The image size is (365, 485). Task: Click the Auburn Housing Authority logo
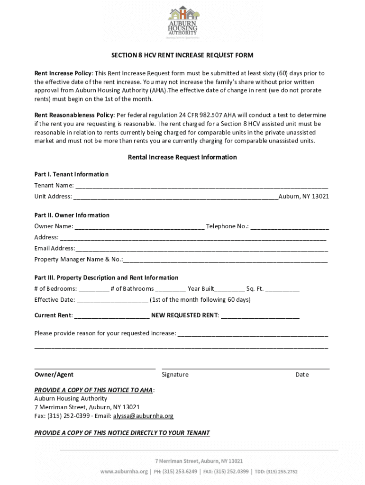(182, 22)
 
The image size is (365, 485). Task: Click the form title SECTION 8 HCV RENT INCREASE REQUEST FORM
(182, 55)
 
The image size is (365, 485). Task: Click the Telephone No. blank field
(289, 227)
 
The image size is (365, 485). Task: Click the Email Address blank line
(201, 249)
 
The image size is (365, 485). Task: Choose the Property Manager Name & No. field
(225, 260)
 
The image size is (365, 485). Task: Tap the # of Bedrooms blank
(93, 289)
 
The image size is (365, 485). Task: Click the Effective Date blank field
(112, 300)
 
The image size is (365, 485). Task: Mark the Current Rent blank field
(112, 316)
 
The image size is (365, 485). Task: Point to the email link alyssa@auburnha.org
(143, 416)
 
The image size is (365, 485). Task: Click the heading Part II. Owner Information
(72, 215)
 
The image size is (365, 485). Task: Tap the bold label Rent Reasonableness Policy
(74, 115)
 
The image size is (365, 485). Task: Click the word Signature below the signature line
(175, 375)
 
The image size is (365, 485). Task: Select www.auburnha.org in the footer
(124, 472)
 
